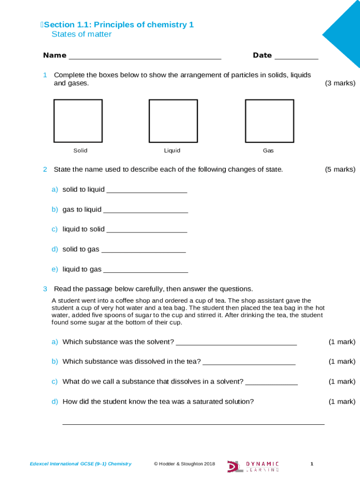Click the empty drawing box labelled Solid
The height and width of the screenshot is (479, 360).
[x=78, y=121]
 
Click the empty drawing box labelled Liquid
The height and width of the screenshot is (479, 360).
[x=173, y=121]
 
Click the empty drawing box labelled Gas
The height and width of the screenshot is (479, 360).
[x=269, y=121]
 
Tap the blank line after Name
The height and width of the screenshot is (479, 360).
[x=145, y=58]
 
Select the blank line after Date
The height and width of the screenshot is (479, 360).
[x=296, y=58]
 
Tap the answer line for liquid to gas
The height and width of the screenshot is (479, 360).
[x=145, y=271]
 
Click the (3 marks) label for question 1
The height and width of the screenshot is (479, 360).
[x=340, y=83]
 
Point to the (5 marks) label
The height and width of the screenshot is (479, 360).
[x=340, y=169]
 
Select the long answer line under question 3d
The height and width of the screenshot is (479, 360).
[x=193, y=423]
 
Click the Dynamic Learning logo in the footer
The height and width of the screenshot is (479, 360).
[x=253, y=466]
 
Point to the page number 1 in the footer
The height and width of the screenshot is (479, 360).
[x=312, y=464]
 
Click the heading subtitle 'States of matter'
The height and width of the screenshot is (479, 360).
[x=81, y=34]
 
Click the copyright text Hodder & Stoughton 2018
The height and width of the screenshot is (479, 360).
[x=184, y=464]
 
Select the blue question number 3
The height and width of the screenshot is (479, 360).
[x=45, y=289]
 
